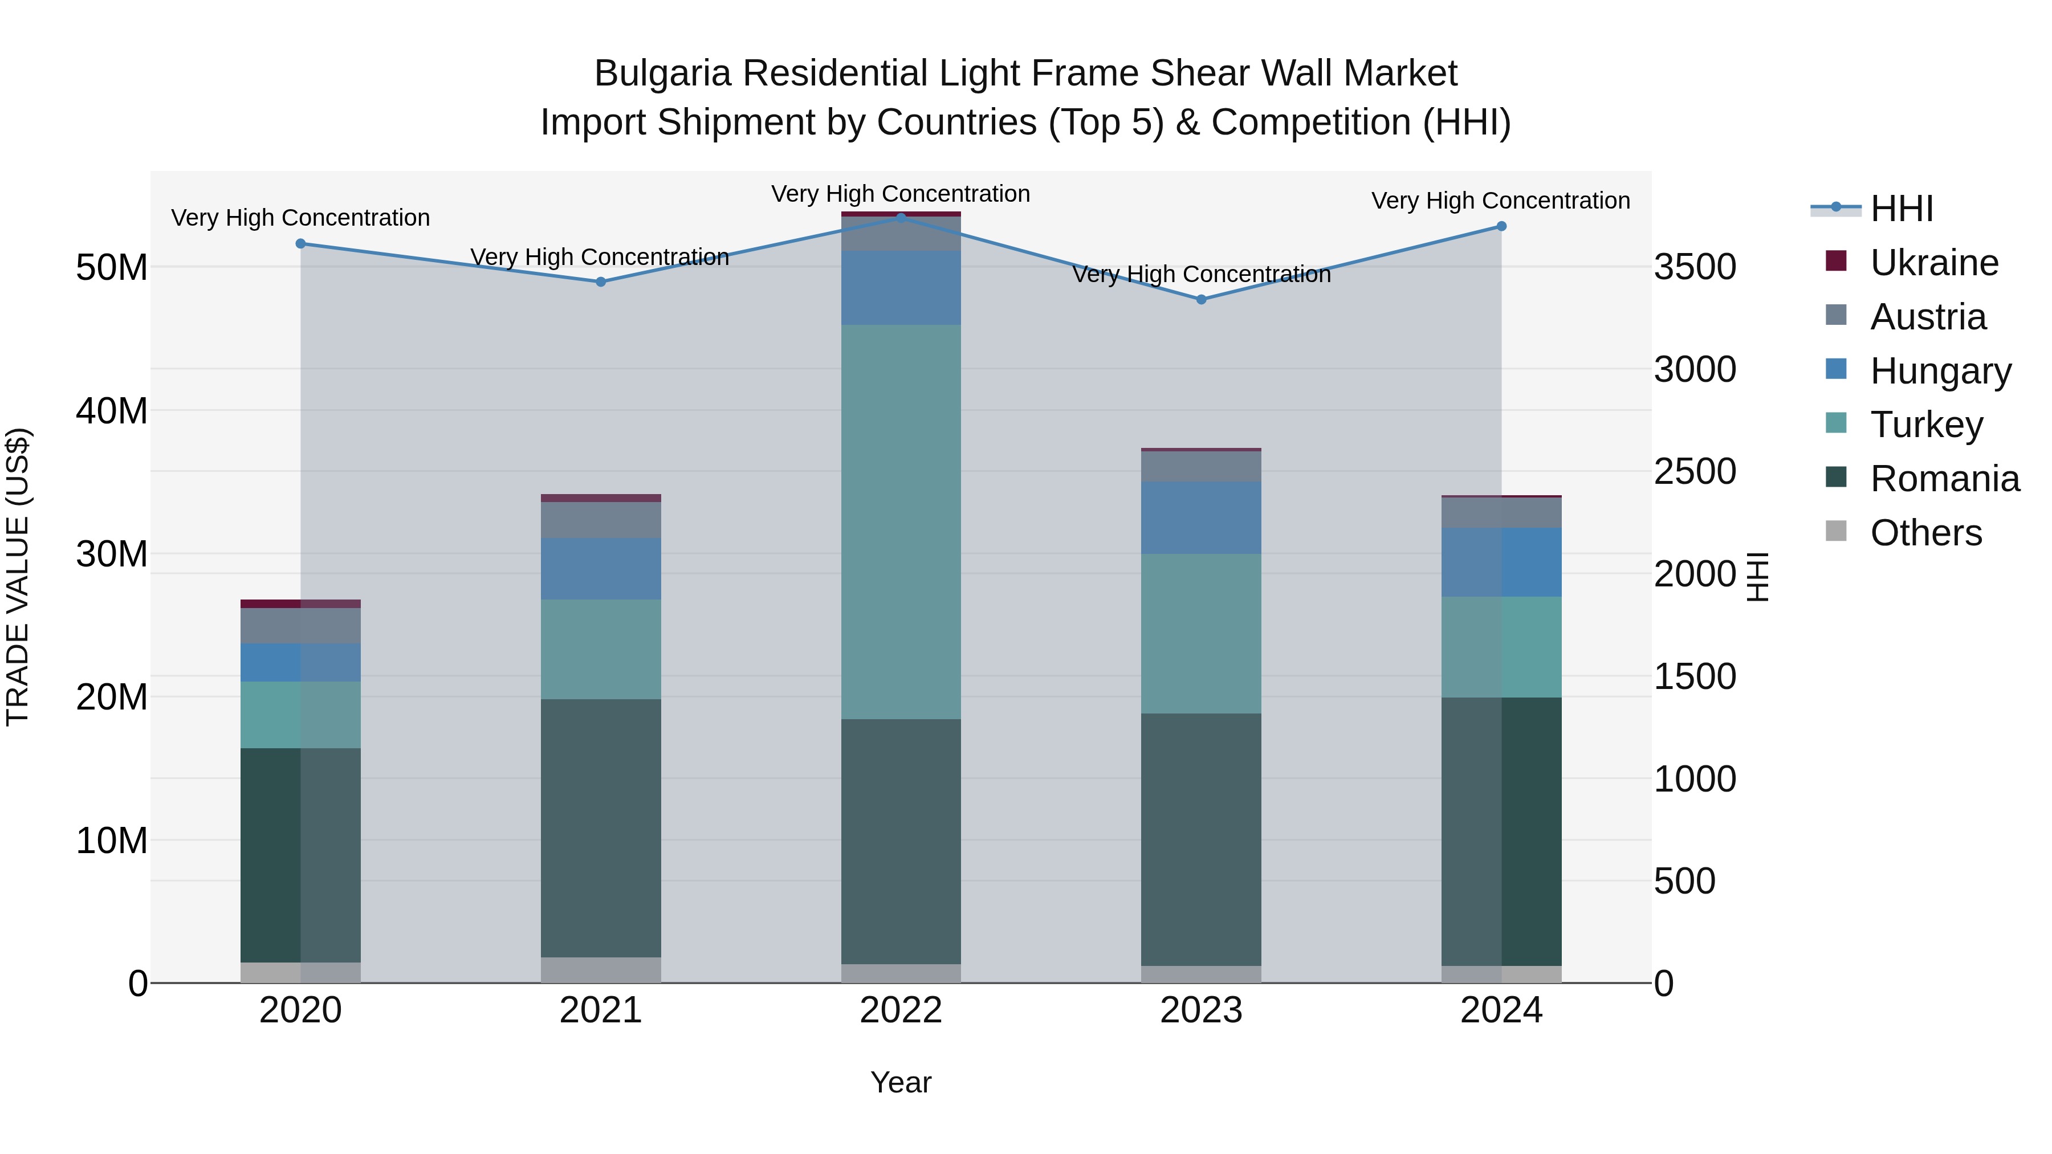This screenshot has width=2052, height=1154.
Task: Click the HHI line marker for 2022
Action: pos(901,218)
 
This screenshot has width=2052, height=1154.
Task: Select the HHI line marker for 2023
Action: pos(1201,299)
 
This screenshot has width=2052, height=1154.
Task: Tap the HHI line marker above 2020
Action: pos(300,244)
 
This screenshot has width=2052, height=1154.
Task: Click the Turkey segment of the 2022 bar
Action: pos(901,521)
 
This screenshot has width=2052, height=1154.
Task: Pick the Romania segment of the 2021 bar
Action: pos(601,828)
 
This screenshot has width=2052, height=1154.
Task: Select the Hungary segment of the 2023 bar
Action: pos(1201,517)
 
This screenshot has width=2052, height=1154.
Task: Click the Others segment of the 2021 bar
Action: pos(601,969)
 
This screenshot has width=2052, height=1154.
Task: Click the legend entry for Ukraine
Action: pos(1933,263)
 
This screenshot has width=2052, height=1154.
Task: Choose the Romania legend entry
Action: pos(1944,479)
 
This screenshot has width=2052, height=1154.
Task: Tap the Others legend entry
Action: pos(1925,533)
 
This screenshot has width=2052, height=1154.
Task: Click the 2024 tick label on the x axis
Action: pos(1501,1010)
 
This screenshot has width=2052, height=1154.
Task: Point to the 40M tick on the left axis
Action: pos(112,411)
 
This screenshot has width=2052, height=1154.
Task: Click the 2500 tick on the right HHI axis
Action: pos(1695,471)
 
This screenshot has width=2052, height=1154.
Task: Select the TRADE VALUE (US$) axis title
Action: pos(18,577)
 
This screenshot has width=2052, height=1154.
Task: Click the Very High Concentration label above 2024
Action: pos(1500,201)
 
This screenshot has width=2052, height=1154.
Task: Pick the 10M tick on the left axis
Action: pos(112,840)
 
